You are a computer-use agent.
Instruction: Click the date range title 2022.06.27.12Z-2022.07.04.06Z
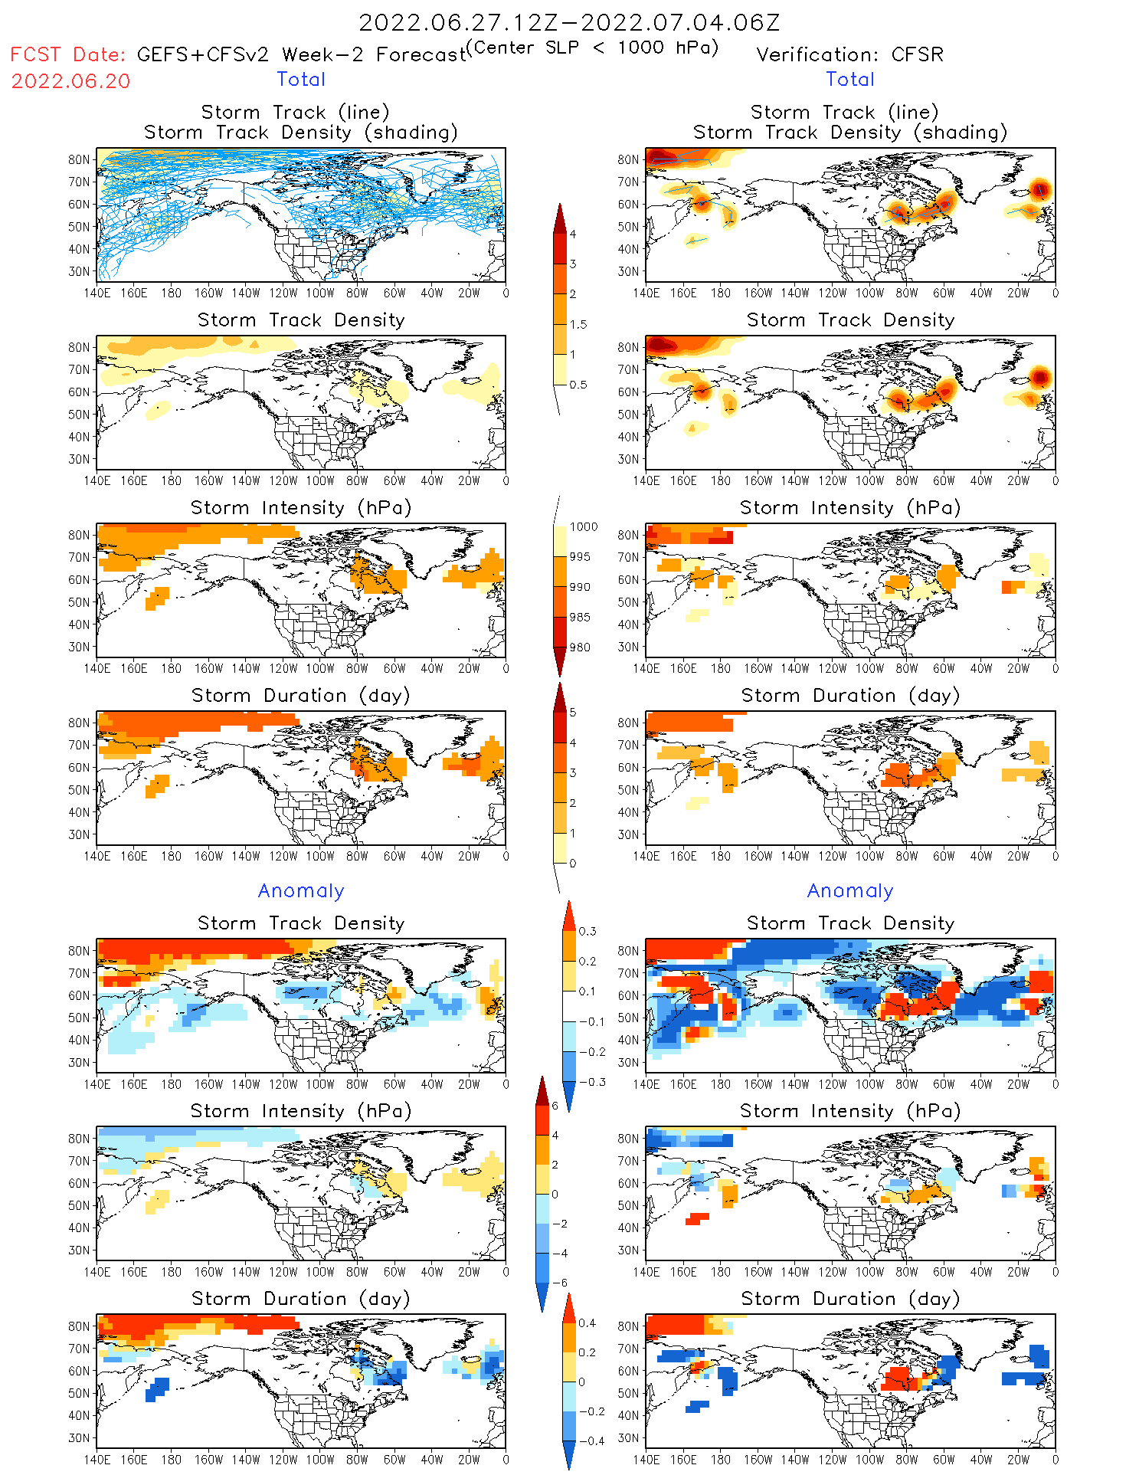pyautogui.click(x=569, y=22)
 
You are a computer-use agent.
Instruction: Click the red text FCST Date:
pyautogui.click(x=67, y=55)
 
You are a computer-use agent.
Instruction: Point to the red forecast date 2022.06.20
pyautogui.click(x=70, y=81)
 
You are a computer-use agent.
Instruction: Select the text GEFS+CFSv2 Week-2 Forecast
pyautogui.click(x=301, y=55)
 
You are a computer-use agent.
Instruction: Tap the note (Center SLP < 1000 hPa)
pyautogui.click(x=593, y=48)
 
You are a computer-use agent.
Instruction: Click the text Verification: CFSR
pyautogui.click(x=849, y=55)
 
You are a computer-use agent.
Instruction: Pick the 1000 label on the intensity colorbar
pyautogui.click(x=584, y=527)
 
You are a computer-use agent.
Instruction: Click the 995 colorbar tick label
pyautogui.click(x=580, y=557)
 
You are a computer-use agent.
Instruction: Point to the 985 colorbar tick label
pyautogui.click(x=580, y=618)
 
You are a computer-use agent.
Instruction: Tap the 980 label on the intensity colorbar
pyautogui.click(x=580, y=647)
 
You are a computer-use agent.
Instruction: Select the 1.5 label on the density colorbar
pyautogui.click(x=578, y=325)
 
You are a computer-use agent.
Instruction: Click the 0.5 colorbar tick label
pyautogui.click(x=578, y=385)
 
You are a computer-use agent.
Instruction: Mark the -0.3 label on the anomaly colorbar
pyautogui.click(x=591, y=1083)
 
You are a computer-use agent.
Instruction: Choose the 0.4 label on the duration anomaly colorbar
pyautogui.click(x=588, y=1323)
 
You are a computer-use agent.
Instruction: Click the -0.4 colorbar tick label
pyautogui.click(x=591, y=1441)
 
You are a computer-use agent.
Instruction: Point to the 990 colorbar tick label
pyautogui.click(x=580, y=588)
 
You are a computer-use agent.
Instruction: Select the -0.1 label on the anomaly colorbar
pyautogui.click(x=591, y=1022)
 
